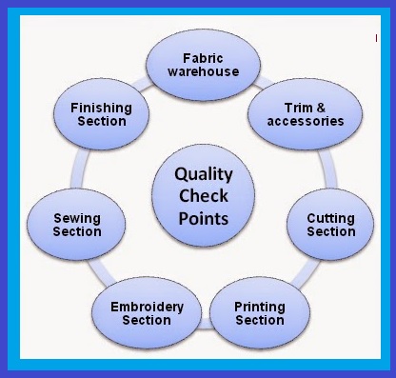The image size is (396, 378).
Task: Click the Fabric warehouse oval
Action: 198,65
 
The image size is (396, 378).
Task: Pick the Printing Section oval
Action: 259,312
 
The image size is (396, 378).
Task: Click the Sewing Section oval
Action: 77,225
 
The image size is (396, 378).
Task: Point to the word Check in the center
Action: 201,197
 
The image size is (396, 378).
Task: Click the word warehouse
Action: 198,72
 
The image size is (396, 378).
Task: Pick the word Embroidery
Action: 146,306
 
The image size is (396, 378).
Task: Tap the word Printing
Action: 259,306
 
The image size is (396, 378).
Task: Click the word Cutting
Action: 330,218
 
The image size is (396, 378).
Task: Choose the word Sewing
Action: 77,218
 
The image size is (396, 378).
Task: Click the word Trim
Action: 286,108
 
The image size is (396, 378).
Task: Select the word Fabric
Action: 198,58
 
